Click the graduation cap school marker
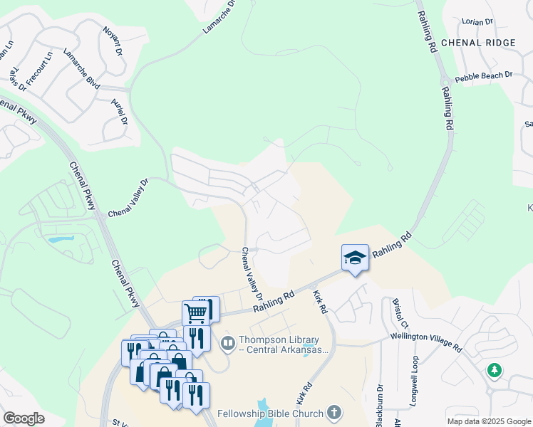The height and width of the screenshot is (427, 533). tap(355, 258)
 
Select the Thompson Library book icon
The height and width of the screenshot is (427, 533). tap(228, 344)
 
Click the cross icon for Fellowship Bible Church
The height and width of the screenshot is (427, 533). tap(333, 412)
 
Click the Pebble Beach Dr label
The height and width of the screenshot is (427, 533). tap(484, 75)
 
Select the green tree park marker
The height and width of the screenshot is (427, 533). tap(494, 371)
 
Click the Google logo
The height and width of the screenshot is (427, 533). tap(24, 418)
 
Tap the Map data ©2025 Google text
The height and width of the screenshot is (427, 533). tap(488, 421)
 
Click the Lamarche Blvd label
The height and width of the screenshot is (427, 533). tap(81, 66)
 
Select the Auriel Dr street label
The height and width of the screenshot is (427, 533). tap(119, 111)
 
